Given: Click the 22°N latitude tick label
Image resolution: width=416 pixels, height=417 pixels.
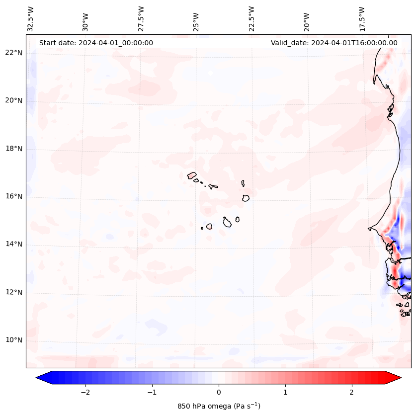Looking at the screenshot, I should tap(13, 53).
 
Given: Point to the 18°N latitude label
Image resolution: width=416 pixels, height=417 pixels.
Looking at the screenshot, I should tap(13, 149).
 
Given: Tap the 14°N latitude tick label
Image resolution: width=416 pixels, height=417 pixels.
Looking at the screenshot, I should tap(13, 244).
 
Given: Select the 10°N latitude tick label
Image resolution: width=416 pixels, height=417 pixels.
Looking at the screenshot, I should tap(13, 340).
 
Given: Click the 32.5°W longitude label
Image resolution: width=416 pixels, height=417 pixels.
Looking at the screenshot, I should tap(31, 18).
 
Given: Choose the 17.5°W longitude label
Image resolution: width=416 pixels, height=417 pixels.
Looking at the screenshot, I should tap(362, 18).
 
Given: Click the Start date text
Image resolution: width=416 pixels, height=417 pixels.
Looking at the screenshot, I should tap(96, 43).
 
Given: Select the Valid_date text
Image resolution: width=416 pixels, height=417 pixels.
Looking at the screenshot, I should tap(334, 43).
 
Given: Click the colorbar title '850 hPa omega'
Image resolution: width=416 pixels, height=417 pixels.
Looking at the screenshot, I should tap(219, 406).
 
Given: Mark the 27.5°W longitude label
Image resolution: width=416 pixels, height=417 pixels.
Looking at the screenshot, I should tap(141, 18).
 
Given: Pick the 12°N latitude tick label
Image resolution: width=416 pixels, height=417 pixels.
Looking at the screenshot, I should tap(13, 292).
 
